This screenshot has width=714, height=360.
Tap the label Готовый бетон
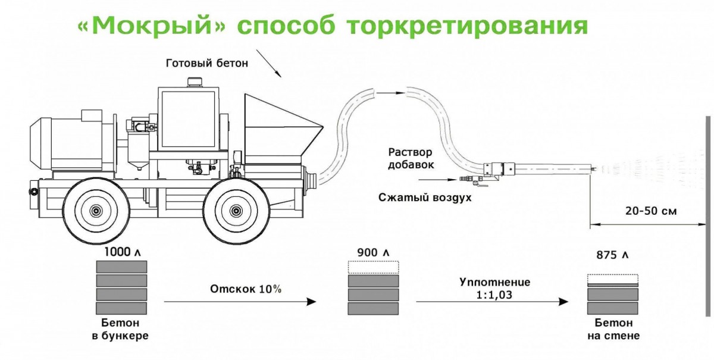[x=206, y=62]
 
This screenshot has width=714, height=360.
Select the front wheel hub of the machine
[x=95, y=210]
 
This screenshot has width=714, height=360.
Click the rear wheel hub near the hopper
[x=237, y=210]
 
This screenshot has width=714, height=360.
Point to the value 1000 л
[x=122, y=252]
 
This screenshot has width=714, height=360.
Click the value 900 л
[x=374, y=253]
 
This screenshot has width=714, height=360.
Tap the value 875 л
[x=612, y=255]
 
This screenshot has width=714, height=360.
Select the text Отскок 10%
[x=245, y=289]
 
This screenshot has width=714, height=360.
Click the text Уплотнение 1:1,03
[x=494, y=287]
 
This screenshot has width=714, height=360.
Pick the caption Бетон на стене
[x=613, y=330]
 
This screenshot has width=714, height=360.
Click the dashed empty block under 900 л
[x=374, y=267]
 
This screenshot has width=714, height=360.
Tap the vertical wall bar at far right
[x=708, y=214]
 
